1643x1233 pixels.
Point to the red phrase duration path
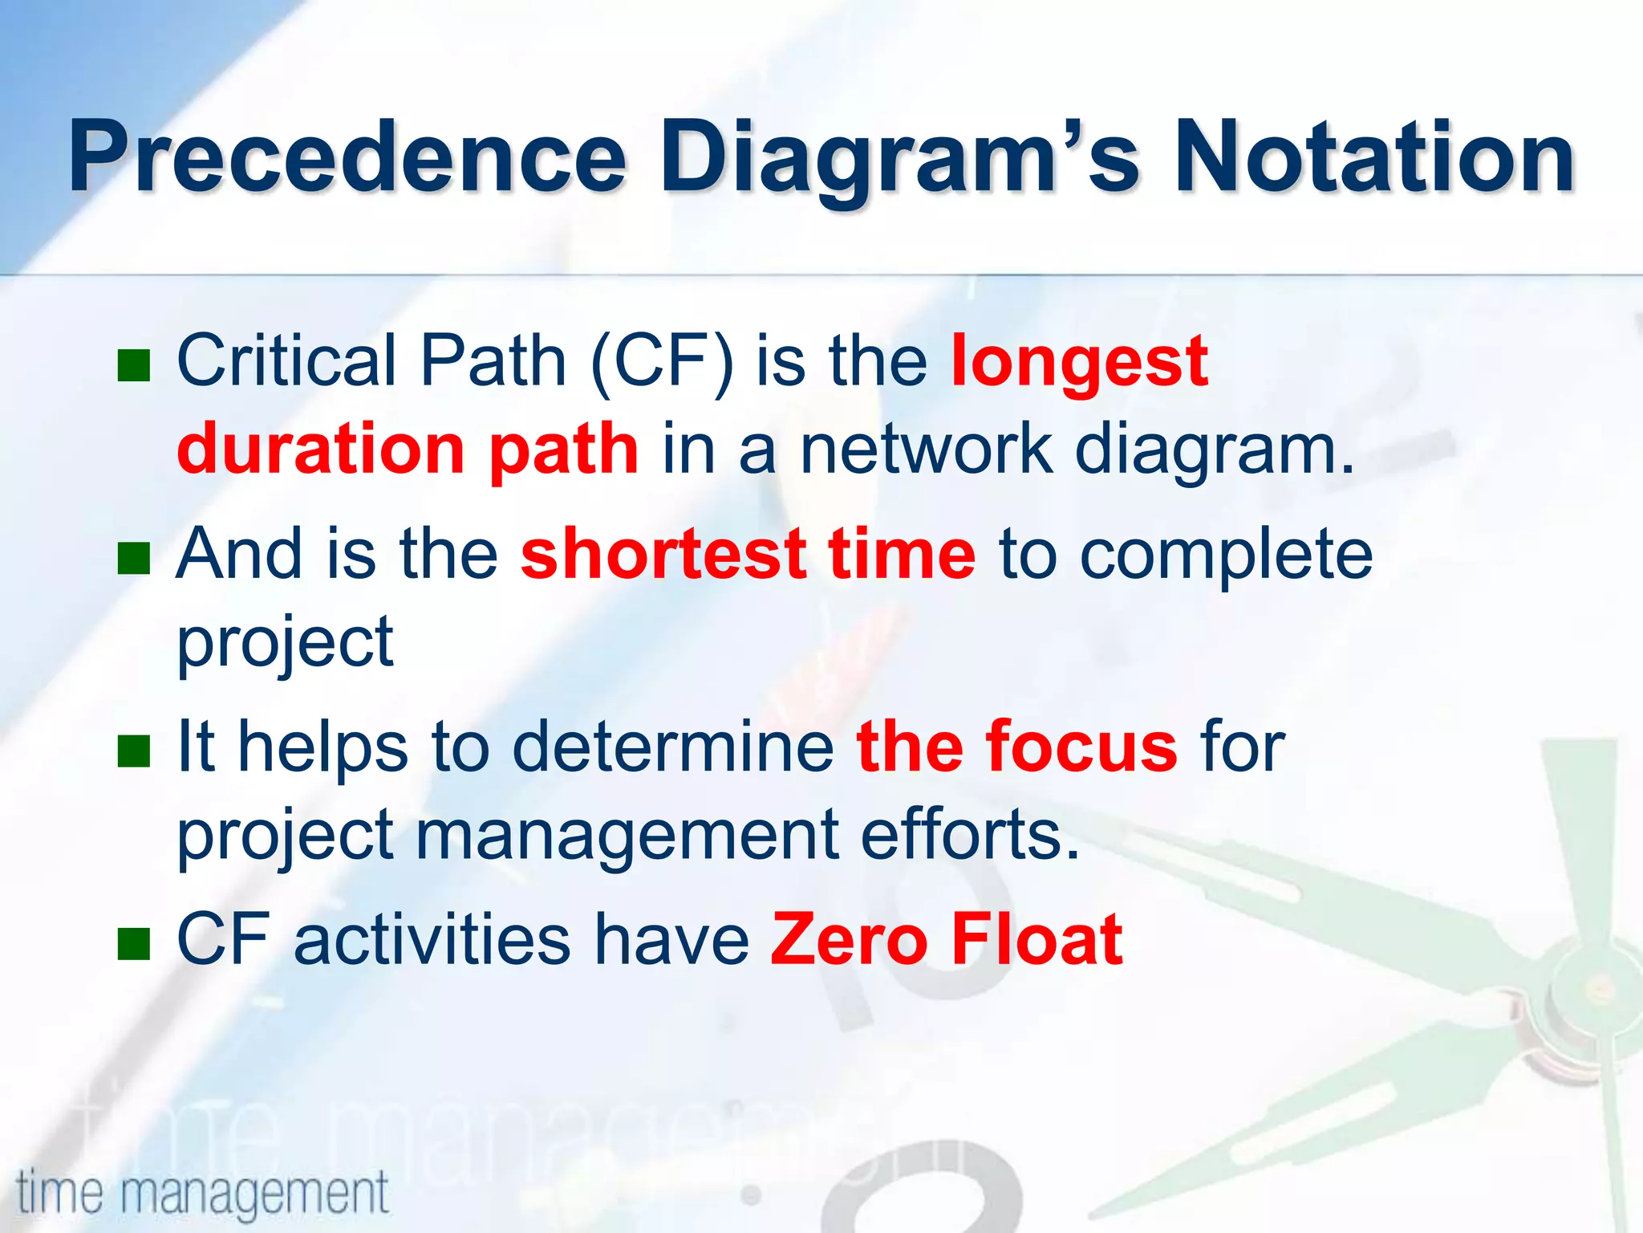[408, 450]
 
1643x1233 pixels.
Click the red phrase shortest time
[748, 554]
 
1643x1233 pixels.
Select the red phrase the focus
[1017, 747]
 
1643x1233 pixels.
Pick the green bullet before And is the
[134, 558]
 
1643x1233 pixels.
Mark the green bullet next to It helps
[134, 751]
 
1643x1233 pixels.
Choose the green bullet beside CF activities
[134, 943]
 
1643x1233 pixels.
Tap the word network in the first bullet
[927, 450]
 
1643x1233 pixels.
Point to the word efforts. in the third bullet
[971, 835]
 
